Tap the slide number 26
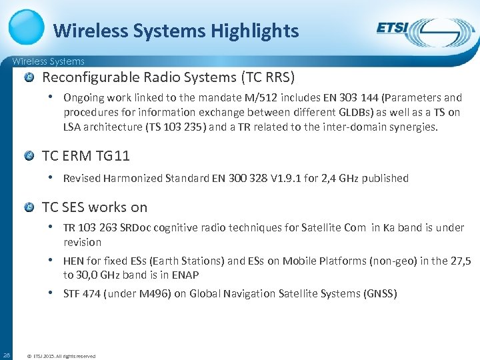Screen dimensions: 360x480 (x=6, y=355)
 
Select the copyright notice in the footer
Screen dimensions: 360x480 (x=61, y=356)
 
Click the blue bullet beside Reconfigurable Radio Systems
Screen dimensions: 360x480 (x=30, y=77)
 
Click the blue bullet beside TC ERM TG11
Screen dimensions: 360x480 (x=30, y=156)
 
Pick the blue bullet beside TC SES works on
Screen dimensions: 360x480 (x=30, y=207)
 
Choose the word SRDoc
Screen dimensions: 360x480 (x=135, y=227)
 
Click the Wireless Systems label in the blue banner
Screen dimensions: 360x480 (x=49, y=61)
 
